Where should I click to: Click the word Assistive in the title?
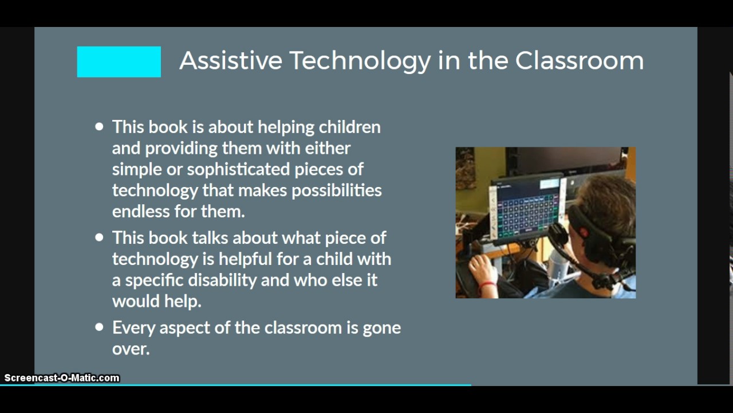pos(230,61)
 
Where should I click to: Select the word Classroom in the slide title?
pos(579,61)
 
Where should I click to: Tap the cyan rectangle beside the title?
pos(119,62)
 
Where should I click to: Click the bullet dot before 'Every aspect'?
pos(100,328)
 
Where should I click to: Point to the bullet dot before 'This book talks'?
pos(100,237)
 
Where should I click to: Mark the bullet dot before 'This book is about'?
pos(100,127)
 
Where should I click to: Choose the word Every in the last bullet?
pos(133,328)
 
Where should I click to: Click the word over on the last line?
pos(131,349)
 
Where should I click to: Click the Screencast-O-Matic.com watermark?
pos(62,378)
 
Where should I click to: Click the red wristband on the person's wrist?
pos(487,285)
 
